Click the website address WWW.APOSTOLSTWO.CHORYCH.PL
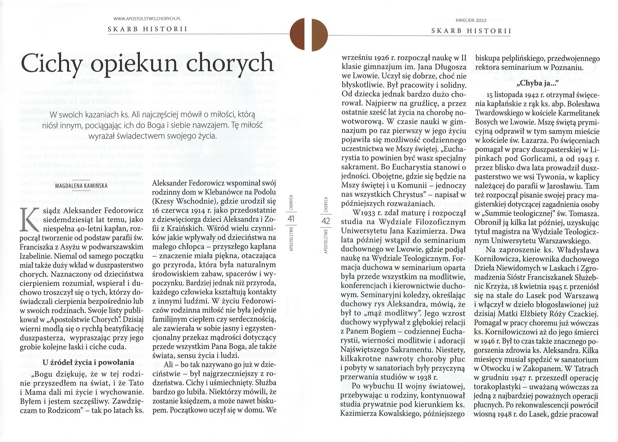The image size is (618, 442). point(147,19)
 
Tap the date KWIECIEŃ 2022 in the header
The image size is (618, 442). point(471,20)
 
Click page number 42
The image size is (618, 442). point(326,221)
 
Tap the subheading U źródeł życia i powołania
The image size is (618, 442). point(88,362)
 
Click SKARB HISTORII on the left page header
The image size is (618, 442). point(147,29)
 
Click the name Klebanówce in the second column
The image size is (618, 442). point(203,192)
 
